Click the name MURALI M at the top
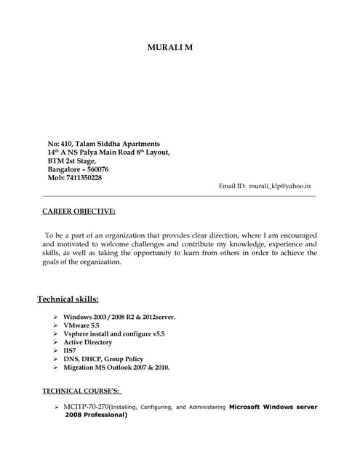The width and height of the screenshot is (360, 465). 170,48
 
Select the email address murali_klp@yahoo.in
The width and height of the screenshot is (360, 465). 280,187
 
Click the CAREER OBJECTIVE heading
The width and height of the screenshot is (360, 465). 79,211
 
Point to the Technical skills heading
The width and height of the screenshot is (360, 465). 68,299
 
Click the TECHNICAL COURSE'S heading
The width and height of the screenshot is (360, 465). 87,391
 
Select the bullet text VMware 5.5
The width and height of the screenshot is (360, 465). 82,325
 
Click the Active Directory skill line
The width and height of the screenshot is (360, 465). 88,342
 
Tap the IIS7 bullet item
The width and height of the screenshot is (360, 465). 71,350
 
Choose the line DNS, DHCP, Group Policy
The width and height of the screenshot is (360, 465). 103,359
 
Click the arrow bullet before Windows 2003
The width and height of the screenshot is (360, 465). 55,318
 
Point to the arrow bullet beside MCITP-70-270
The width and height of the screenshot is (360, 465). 56,407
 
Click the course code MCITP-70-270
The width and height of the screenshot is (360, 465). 86,407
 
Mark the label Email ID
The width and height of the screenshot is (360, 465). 232,187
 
